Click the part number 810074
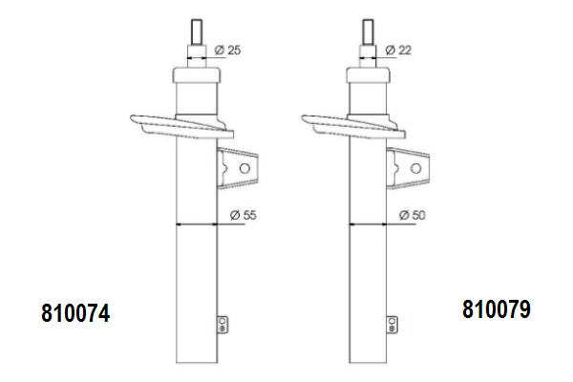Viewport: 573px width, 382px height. [x=75, y=313]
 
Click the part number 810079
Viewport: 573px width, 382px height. [x=496, y=309]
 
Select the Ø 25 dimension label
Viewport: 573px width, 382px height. [x=227, y=50]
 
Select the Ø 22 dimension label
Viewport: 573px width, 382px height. [x=398, y=50]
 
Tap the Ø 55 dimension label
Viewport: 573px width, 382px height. [x=243, y=215]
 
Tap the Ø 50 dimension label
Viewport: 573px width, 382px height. [x=413, y=215]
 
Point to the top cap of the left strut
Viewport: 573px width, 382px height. [x=197, y=75]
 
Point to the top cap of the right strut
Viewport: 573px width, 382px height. [x=368, y=75]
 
